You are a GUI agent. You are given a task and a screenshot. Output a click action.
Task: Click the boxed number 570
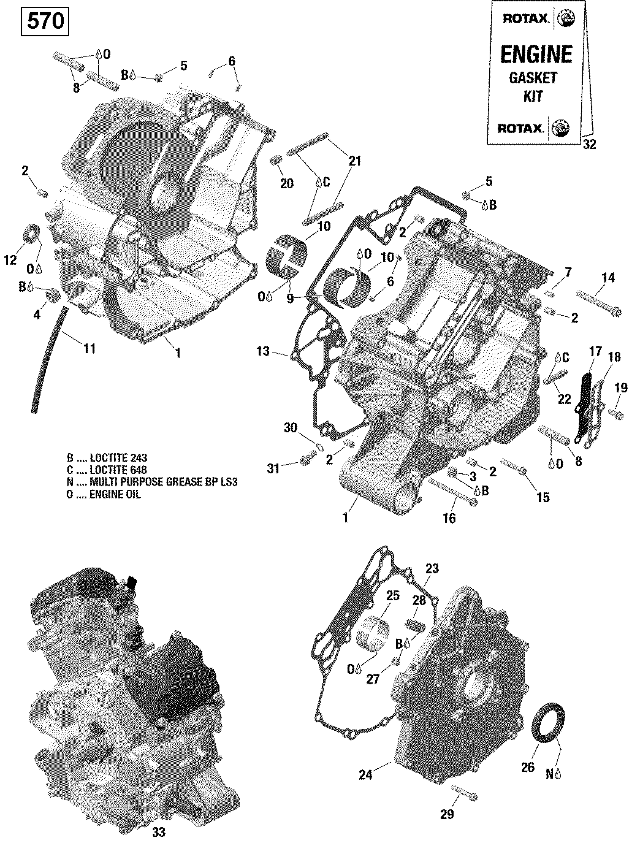(45, 21)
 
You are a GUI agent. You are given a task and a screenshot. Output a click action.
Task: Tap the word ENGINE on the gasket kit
(536, 54)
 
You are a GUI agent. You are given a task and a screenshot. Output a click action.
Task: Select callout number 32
(589, 144)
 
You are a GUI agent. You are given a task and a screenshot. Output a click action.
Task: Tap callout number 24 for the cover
(365, 775)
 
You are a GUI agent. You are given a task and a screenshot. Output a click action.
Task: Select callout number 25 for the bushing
(393, 595)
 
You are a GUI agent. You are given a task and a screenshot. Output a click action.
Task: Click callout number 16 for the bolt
(449, 518)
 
